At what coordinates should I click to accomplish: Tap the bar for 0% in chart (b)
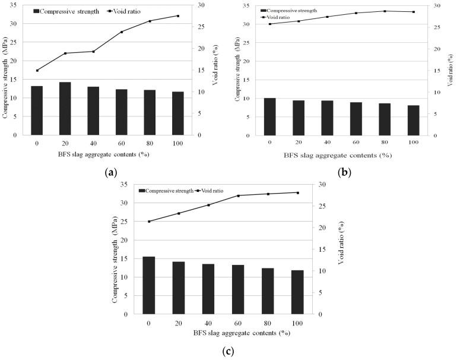269,117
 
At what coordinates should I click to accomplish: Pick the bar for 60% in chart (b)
356,119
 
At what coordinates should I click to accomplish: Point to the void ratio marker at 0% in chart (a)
37,70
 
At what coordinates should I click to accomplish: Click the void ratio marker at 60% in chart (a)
121,32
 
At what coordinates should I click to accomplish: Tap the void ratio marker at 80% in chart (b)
385,11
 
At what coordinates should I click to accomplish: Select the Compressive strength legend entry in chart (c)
166,191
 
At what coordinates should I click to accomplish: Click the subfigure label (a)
109,172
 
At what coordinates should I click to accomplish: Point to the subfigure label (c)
228,351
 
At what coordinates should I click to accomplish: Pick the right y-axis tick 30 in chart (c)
323,185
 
